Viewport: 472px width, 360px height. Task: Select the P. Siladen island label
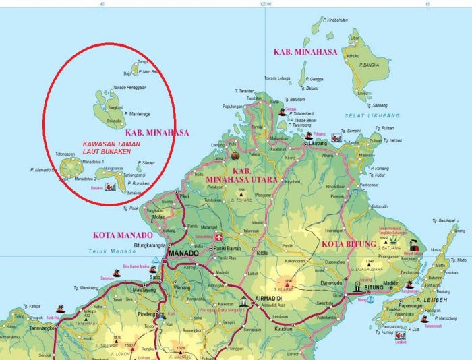[146, 162]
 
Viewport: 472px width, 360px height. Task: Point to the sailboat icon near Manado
[156, 259]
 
